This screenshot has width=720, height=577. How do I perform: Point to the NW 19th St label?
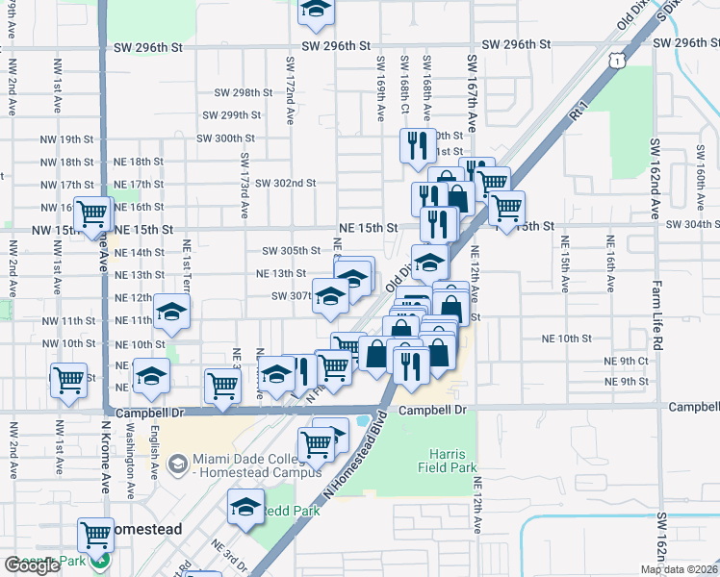[x=66, y=139]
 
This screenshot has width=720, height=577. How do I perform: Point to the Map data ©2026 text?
[x=679, y=569]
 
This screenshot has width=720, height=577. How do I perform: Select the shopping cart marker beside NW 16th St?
[x=93, y=213]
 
